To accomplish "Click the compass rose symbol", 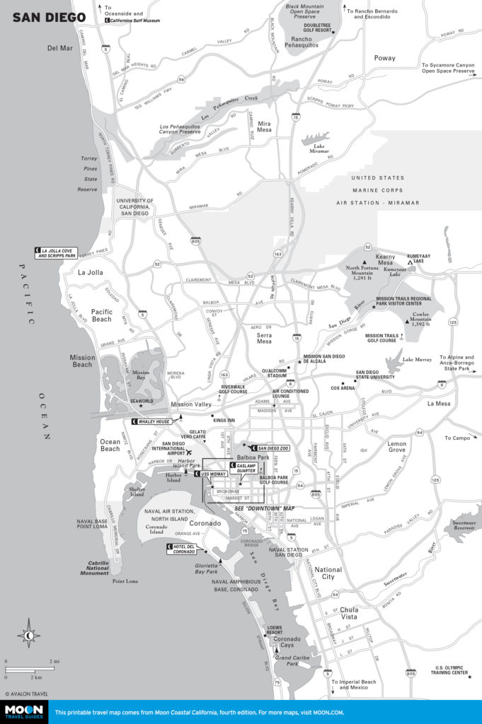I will (28, 634).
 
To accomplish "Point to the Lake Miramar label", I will (319, 148).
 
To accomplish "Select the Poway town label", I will (384, 58).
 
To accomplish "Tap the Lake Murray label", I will (416, 360).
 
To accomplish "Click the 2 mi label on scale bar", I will (52, 661).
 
